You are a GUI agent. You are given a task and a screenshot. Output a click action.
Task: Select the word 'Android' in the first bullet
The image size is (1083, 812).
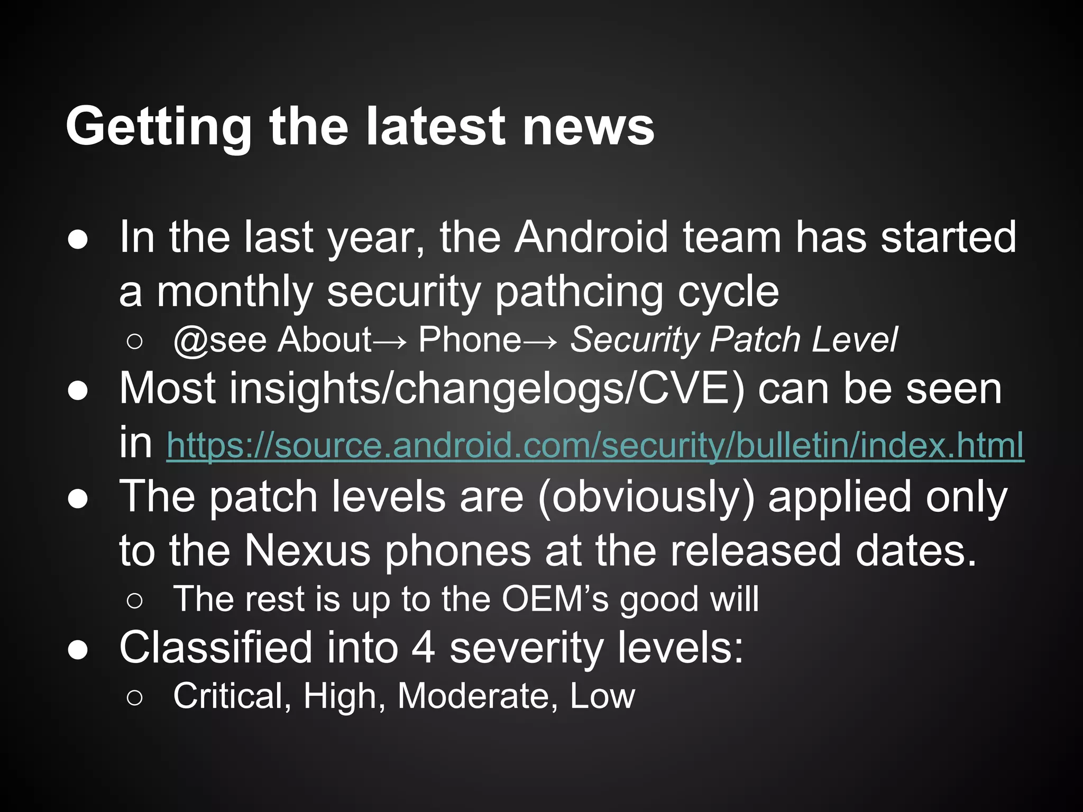[x=592, y=237]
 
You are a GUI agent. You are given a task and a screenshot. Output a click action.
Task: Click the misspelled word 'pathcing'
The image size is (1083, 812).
[x=579, y=292]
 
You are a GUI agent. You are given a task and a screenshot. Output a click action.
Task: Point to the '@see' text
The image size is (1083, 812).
[x=219, y=340]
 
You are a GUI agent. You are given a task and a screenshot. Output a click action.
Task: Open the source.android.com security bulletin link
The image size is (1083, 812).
[x=595, y=446]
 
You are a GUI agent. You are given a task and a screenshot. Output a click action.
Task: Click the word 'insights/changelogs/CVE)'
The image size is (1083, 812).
[x=432, y=389]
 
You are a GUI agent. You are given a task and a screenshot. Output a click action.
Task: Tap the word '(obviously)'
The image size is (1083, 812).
[x=646, y=497]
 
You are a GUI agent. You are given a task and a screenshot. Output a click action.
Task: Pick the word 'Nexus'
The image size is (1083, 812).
[x=307, y=551]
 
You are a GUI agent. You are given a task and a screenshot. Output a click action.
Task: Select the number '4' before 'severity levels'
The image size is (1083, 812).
[x=423, y=648]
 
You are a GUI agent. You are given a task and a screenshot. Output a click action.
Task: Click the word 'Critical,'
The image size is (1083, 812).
[x=232, y=696]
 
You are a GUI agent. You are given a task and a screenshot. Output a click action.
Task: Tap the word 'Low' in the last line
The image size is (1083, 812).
[x=602, y=696]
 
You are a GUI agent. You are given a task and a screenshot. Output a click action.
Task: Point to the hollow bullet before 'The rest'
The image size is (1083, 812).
[x=134, y=601]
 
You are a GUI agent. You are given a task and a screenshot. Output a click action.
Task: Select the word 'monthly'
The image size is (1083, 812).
[x=235, y=292]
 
